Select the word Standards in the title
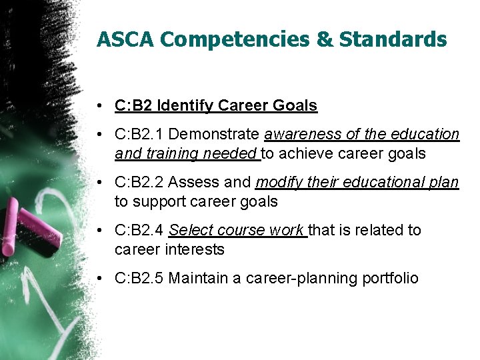point(393,39)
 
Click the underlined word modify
point(278,182)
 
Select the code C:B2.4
point(140,230)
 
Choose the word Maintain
point(196,278)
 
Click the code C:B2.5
point(140,278)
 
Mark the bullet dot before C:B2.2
point(98,183)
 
